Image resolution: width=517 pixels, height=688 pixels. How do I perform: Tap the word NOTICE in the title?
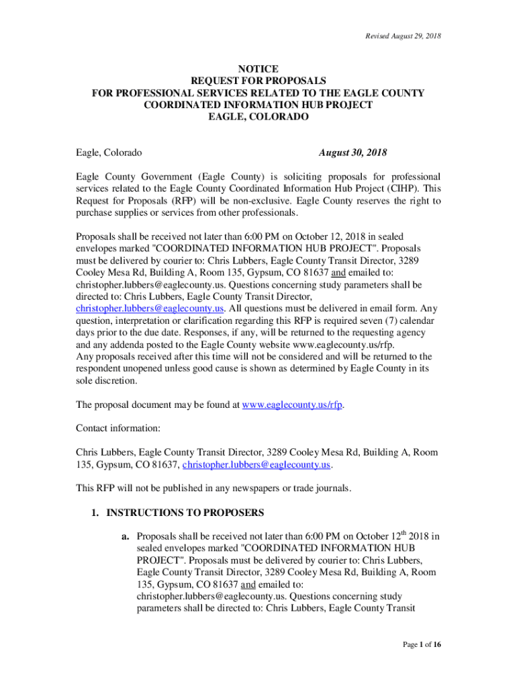(x=258, y=69)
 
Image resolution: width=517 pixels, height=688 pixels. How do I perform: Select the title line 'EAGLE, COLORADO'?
(x=258, y=117)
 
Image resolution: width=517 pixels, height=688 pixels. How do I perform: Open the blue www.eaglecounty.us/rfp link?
(x=292, y=405)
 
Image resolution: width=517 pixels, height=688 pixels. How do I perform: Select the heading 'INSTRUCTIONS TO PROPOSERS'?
(x=185, y=513)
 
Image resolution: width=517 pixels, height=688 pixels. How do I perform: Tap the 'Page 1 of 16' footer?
(x=422, y=645)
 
